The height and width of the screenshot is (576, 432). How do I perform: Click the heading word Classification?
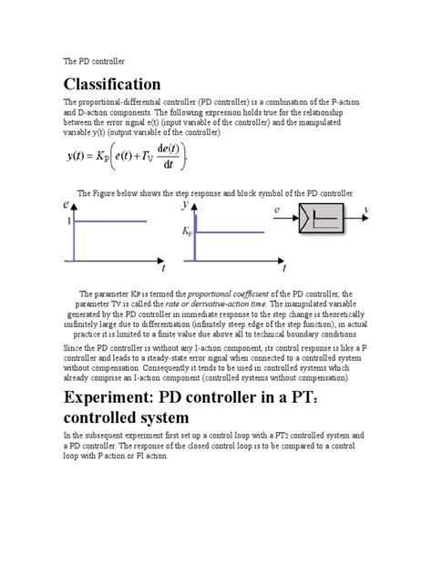[x=112, y=84]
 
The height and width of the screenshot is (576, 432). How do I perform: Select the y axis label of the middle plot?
[x=185, y=207]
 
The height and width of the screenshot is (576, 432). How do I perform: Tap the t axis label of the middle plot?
[x=284, y=270]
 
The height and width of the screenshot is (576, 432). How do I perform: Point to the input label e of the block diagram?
[x=277, y=211]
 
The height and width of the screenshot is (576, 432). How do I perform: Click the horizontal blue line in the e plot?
[x=109, y=222]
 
